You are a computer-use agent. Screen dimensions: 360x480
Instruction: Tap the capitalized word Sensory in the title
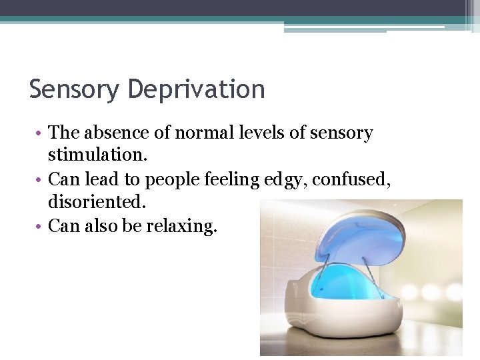(x=73, y=89)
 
